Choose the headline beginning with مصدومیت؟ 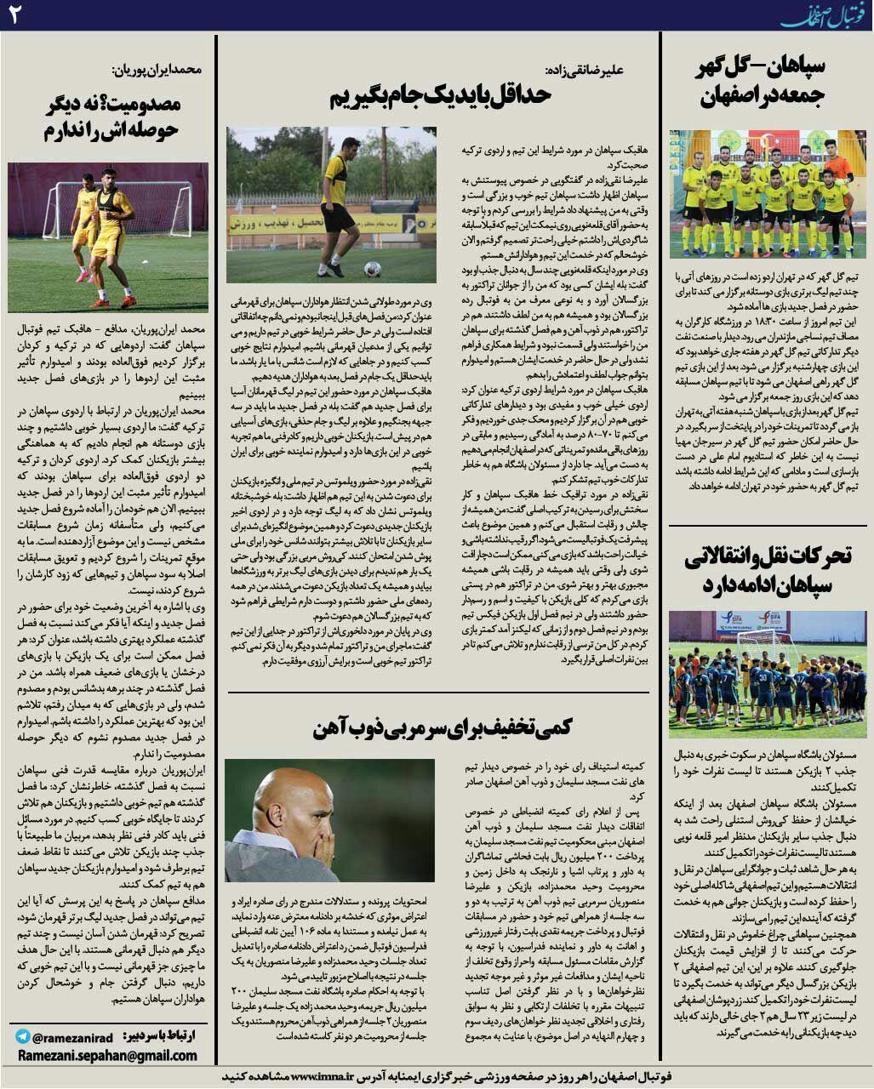108,117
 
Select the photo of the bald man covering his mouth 329,818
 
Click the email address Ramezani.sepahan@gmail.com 107,1055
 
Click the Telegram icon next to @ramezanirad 23,1037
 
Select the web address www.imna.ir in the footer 334,1076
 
